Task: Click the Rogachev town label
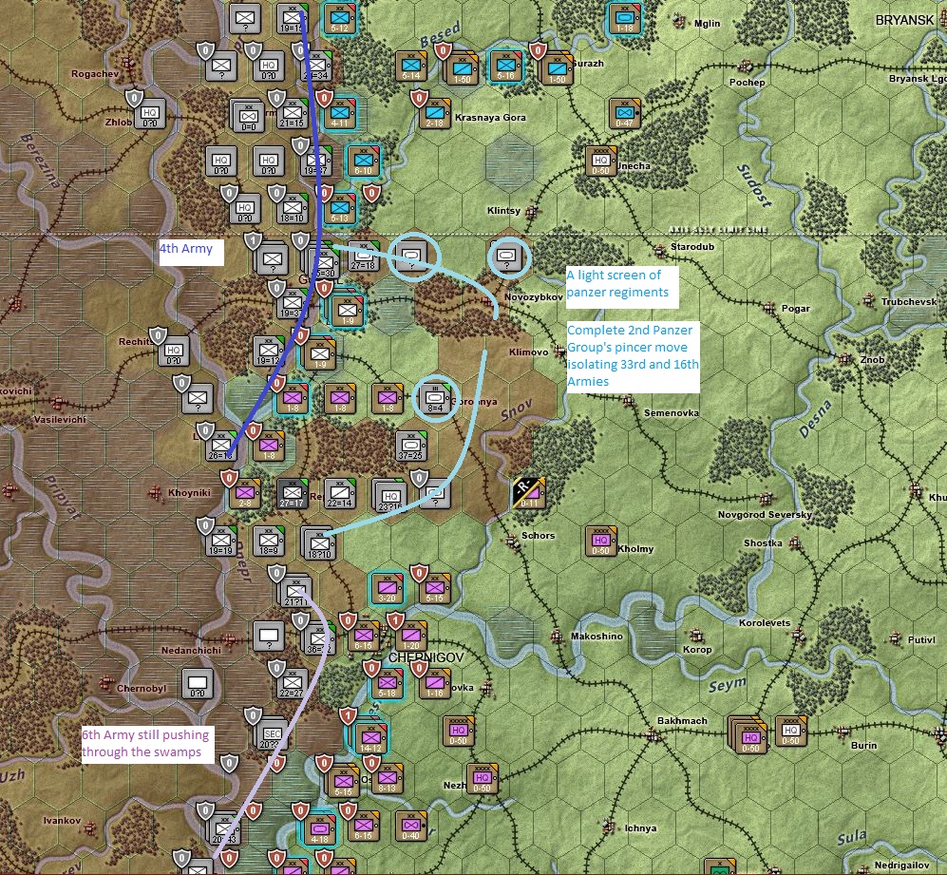tap(93, 74)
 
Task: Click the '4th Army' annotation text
tap(191, 251)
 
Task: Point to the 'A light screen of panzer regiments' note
tap(617, 284)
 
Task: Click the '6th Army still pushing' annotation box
tap(145, 743)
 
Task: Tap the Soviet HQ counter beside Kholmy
tap(600, 538)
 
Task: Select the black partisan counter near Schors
tap(525, 490)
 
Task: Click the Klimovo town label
tap(529, 352)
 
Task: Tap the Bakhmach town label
tap(682, 721)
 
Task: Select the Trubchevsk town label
tap(909, 302)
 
